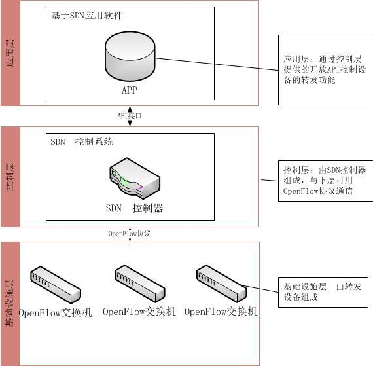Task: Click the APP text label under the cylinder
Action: (130, 90)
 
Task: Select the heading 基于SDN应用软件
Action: (86, 16)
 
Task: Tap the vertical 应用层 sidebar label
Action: (10, 53)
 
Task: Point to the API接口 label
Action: (130, 116)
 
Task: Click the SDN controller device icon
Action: (135, 178)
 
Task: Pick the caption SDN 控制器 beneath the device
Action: (134, 208)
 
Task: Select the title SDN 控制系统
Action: (82, 142)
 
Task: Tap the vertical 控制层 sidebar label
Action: (10, 177)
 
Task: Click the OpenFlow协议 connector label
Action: (130, 234)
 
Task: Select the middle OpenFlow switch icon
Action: (139, 284)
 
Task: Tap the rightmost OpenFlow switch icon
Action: (221, 284)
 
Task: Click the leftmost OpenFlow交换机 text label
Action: (55, 313)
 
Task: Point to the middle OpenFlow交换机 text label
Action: (139, 312)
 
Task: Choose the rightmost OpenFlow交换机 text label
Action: (221, 312)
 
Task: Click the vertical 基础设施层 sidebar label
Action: (10, 303)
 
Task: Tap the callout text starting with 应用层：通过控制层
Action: (325, 69)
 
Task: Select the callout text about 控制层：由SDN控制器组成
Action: (325, 181)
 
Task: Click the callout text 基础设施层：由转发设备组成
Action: (323, 292)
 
